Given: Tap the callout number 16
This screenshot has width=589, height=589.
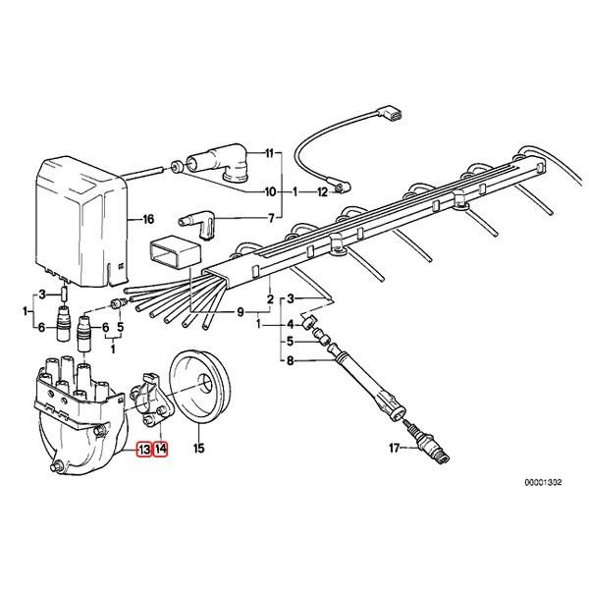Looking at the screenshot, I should click(148, 219).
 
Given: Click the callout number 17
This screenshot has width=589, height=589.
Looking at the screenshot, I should click(394, 451).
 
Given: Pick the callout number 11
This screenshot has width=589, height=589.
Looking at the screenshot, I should click(272, 155).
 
